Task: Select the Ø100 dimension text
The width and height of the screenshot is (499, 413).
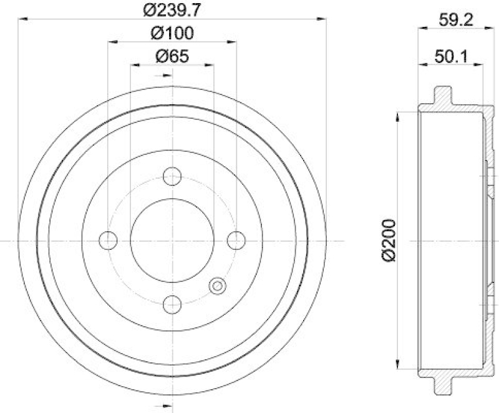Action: point(171,32)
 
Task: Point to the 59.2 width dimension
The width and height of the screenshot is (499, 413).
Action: point(453,19)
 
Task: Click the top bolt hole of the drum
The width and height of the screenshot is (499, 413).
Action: point(172,176)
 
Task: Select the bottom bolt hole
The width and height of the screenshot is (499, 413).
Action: point(172,306)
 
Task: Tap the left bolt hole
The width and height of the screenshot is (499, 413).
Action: point(108,241)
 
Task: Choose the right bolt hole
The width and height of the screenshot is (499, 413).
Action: point(236,241)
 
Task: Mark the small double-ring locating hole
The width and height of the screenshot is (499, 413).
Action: point(218,287)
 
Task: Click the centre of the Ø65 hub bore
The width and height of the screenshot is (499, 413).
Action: point(172,241)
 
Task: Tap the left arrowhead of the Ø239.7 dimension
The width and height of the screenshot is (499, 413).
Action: point(20,21)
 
